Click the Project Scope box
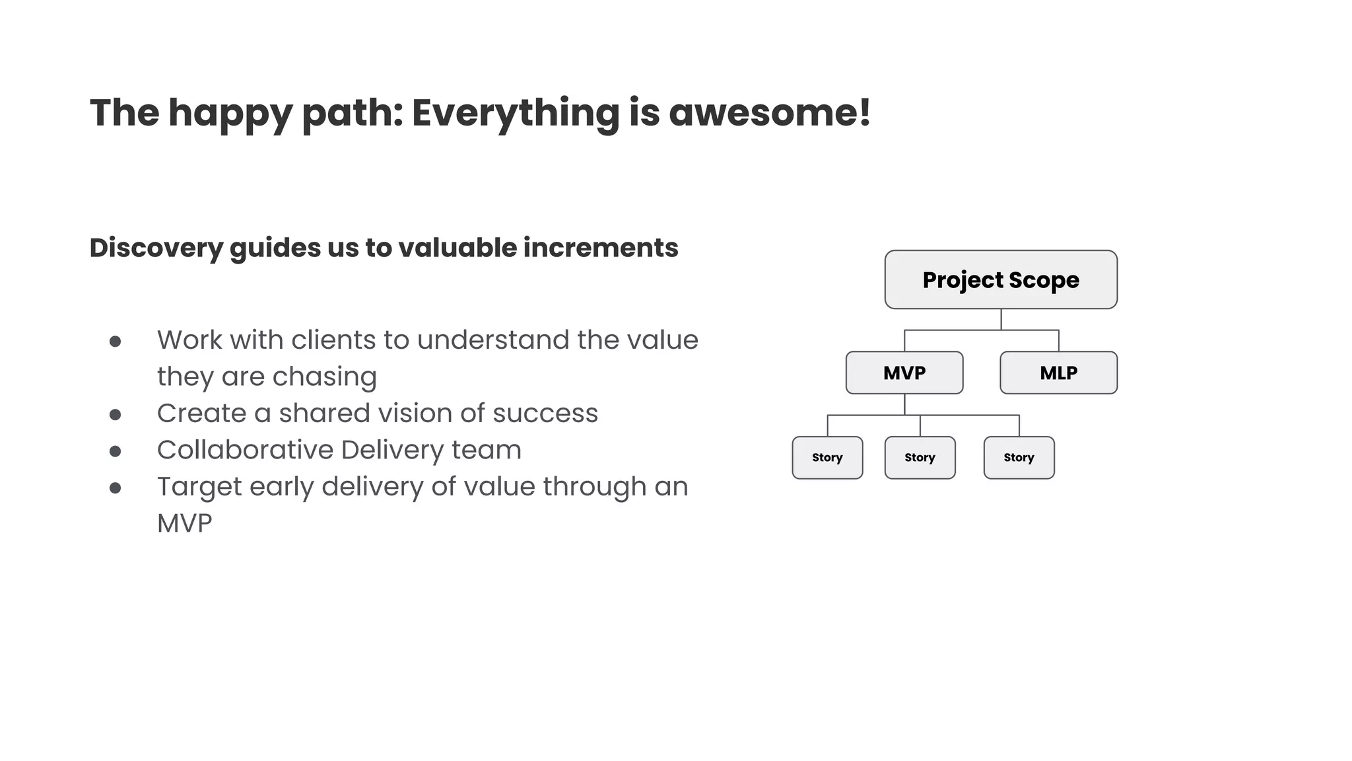pos(1001,279)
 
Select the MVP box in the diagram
pos(904,373)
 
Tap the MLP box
pos(1058,373)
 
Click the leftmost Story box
pos(827,457)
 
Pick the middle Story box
pos(920,457)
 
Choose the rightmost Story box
pos(1019,457)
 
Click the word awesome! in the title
pos(770,112)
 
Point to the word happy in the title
pos(230,114)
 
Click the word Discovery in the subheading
pos(156,248)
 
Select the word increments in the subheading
pos(600,248)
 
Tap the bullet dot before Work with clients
pos(116,342)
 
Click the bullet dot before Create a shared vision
pos(116,415)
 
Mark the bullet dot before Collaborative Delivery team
pos(116,451)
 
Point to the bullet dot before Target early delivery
pos(116,488)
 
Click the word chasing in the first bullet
pos(324,377)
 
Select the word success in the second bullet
pos(545,414)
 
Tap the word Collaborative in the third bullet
pos(245,450)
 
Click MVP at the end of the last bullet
pos(185,523)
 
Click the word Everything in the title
pos(516,114)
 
